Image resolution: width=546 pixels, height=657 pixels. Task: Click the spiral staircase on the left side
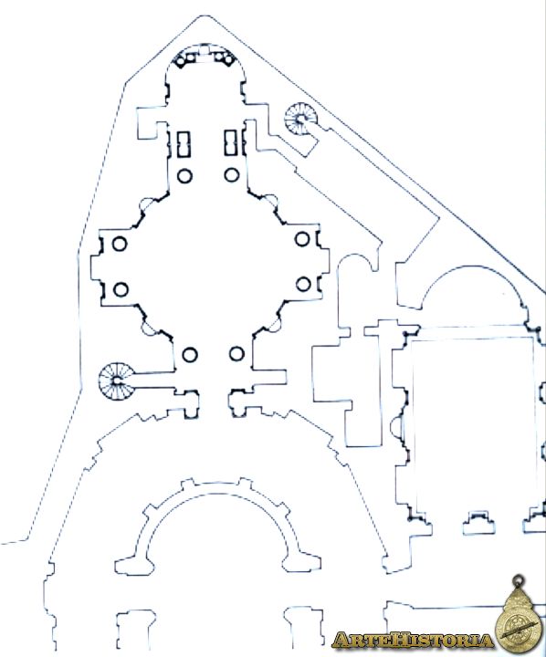tap(117, 381)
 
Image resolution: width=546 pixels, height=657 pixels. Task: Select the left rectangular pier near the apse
tap(184, 144)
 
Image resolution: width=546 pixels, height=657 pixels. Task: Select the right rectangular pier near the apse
tap(231, 143)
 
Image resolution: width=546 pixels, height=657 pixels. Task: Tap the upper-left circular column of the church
tap(184, 176)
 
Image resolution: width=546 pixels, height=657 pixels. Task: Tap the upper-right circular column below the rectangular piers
tap(232, 174)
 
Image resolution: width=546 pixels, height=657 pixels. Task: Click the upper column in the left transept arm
tap(120, 244)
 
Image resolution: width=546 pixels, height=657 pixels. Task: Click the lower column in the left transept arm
tap(121, 289)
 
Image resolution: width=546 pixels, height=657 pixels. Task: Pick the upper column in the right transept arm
tap(302, 239)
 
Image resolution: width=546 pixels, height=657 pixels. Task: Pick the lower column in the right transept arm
tap(303, 284)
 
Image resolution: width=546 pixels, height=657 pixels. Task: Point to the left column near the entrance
tap(190, 355)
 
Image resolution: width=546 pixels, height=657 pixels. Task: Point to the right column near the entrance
tap(236, 354)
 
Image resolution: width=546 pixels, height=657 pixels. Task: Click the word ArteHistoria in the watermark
tap(413, 640)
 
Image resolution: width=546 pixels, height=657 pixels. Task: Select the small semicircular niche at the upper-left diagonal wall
tap(147, 204)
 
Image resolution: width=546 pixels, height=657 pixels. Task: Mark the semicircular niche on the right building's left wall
tap(396, 427)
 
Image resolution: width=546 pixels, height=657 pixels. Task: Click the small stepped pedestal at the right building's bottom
tap(478, 523)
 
